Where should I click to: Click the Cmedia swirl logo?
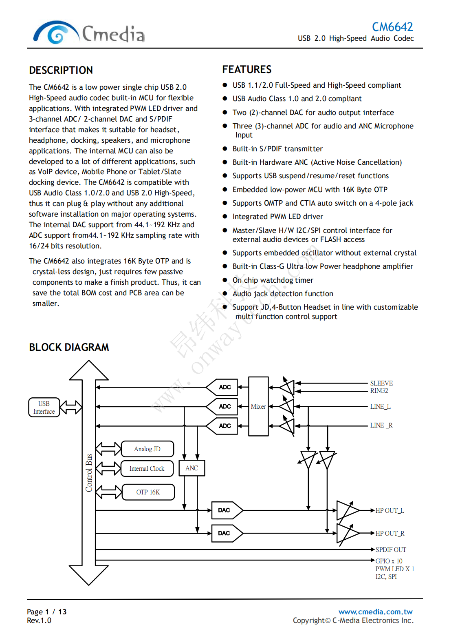[x=56, y=33]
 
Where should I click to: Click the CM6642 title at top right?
[x=392, y=27]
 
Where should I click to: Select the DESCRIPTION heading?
[x=61, y=70]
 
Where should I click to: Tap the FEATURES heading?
[x=247, y=69]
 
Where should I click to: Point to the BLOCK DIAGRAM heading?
[x=69, y=347]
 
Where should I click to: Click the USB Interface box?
[x=44, y=407]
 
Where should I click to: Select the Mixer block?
[x=258, y=406]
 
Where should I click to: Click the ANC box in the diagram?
[x=191, y=468]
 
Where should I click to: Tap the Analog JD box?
[x=147, y=449]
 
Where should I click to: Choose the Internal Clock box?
[x=147, y=468]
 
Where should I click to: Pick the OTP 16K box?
[x=148, y=492]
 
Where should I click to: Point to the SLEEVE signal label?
[x=381, y=383]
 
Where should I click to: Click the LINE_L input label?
[x=380, y=406]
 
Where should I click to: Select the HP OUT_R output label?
[x=390, y=533]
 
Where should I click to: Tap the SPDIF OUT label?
[x=390, y=550]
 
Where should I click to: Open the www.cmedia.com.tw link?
[x=375, y=612]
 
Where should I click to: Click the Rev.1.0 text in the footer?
[x=39, y=620]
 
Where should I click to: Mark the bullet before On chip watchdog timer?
[x=224, y=280]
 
